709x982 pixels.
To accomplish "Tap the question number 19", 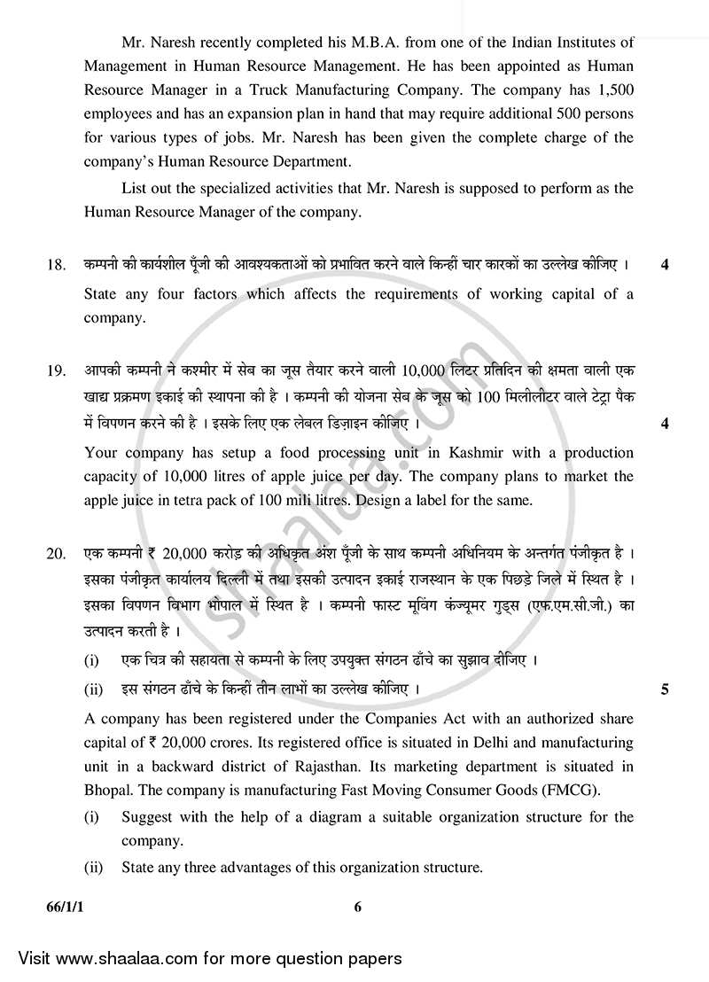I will tap(56, 370).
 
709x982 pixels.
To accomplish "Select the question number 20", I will tap(56, 555).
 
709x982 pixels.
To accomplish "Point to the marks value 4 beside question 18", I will tap(665, 266).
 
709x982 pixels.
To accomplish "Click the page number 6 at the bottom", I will tap(358, 906).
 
